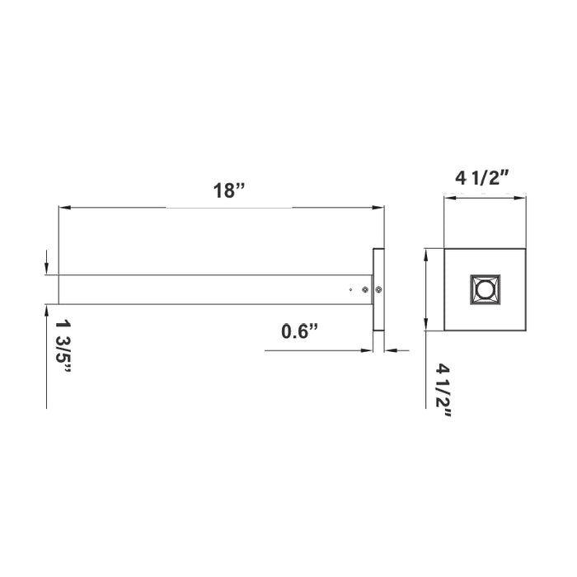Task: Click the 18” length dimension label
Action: pos(228,190)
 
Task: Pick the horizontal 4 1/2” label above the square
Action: pos(484,177)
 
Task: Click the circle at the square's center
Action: pos(485,290)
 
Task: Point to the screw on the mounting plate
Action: pos(378,289)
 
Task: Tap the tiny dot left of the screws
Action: pos(351,289)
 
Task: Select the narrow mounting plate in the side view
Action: pos(378,289)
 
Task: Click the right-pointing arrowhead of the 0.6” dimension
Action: pos(368,350)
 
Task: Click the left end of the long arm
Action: pos(59,289)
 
